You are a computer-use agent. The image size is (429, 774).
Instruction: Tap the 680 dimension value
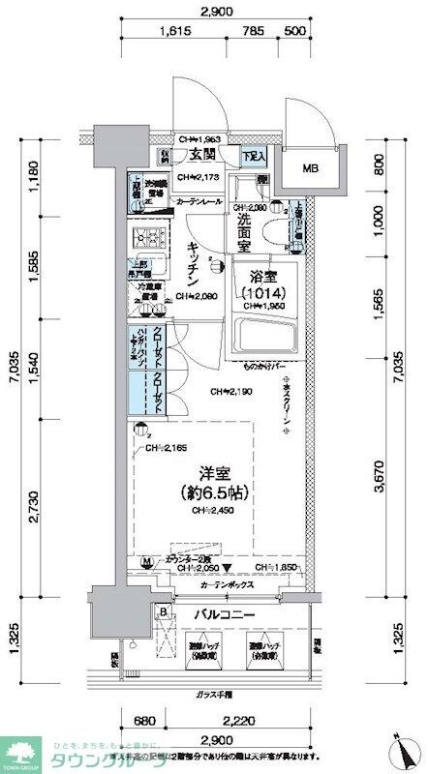143,720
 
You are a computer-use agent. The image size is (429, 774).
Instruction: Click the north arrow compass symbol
405,748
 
